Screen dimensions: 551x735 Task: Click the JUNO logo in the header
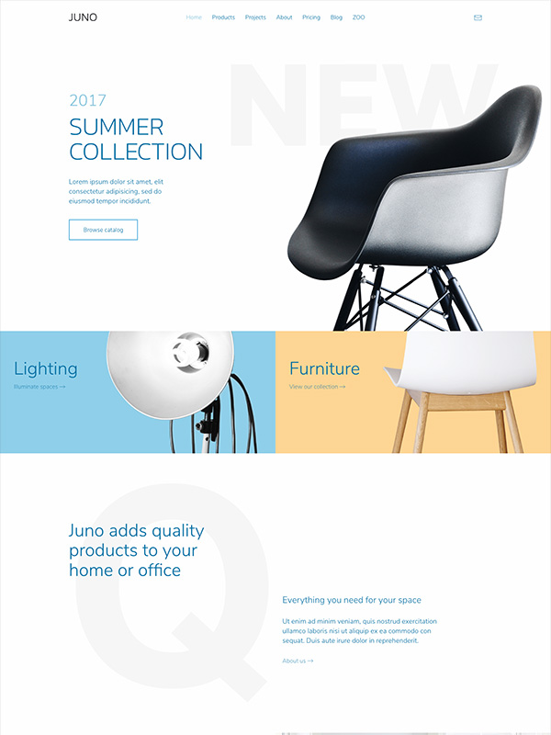click(83, 17)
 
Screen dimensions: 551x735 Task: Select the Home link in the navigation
click(194, 17)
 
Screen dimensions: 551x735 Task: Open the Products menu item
click(223, 17)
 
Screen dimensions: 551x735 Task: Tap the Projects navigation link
click(255, 17)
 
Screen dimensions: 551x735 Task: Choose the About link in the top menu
click(284, 17)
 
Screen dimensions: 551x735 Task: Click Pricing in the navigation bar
click(311, 17)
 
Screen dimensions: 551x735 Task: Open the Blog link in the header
click(336, 17)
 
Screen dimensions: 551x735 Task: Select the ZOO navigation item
click(358, 17)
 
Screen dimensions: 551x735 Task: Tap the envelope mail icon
click(478, 17)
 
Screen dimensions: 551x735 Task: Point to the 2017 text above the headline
click(87, 100)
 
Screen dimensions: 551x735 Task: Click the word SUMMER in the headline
click(117, 128)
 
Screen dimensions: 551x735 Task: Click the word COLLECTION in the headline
click(136, 152)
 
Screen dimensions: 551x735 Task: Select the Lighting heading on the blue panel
click(45, 369)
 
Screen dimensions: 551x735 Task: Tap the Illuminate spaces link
click(39, 387)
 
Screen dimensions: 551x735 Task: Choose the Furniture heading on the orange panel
click(325, 368)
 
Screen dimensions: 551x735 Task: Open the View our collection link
click(317, 387)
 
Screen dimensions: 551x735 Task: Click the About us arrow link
click(298, 661)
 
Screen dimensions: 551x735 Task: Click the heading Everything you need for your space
click(352, 600)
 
